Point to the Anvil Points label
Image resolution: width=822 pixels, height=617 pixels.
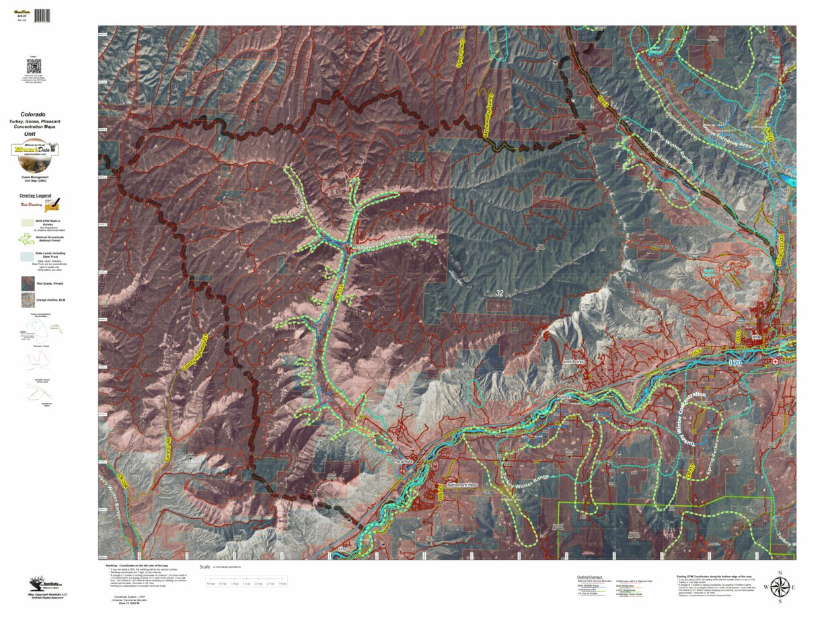(x=576, y=361)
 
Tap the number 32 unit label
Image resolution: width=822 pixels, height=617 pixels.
(x=499, y=293)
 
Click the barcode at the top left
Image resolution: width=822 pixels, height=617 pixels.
(x=42, y=15)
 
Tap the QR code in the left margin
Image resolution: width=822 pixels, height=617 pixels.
(x=34, y=67)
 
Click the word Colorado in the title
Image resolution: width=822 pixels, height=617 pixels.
(x=33, y=114)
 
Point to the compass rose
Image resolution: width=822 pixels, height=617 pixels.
(x=779, y=588)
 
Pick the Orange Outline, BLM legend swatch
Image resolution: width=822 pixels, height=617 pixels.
(x=27, y=300)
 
